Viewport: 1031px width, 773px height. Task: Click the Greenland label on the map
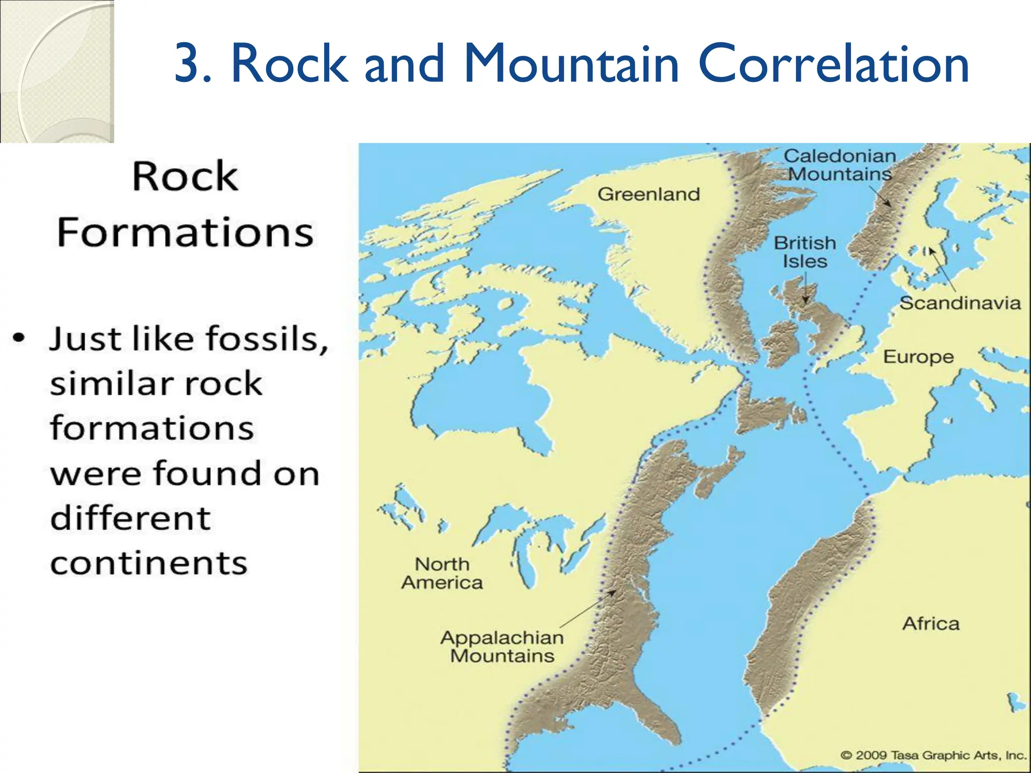pyautogui.click(x=648, y=194)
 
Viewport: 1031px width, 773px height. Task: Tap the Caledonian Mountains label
pyautogui.click(x=840, y=165)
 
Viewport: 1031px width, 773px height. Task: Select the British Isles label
pyautogui.click(x=804, y=252)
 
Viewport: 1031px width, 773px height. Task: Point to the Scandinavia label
pyautogui.click(x=960, y=303)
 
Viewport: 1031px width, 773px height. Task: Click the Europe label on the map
pyautogui.click(x=918, y=357)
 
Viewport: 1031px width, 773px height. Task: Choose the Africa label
pyautogui.click(x=931, y=624)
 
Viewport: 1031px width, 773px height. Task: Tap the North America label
pyautogui.click(x=442, y=574)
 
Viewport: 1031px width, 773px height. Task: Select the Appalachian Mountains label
pyautogui.click(x=502, y=647)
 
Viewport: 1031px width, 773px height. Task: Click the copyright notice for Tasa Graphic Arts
pyautogui.click(x=933, y=755)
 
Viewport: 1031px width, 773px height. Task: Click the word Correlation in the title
pyautogui.click(x=834, y=64)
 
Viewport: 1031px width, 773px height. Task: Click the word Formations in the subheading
pyautogui.click(x=185, y=233)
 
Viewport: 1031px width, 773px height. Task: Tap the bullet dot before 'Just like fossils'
pyautogui.click(x=19, y=337)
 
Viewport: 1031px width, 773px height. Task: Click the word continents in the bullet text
pyautogui.click(x=149, y=563)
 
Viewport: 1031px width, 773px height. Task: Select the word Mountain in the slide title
pyautogui.click(x=571, y=64)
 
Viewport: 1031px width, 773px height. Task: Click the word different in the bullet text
pyautogui.click(x=130, y=518)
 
